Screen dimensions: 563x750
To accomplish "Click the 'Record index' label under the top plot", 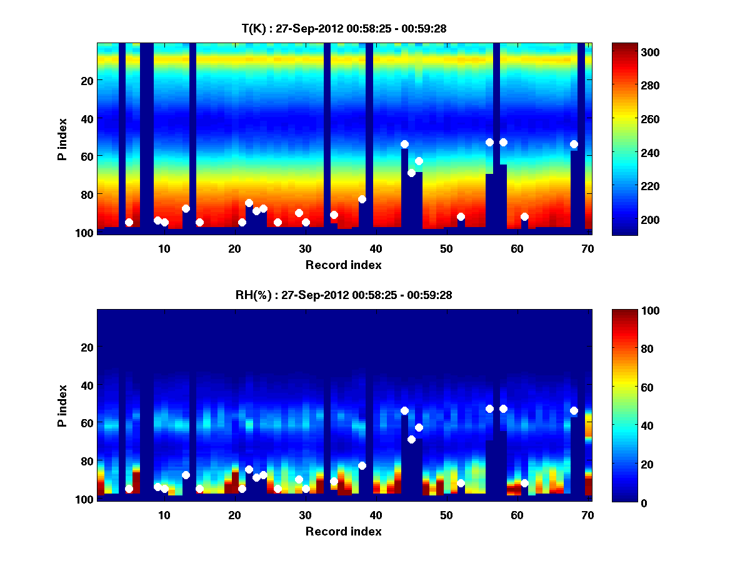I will (x=343, y=265).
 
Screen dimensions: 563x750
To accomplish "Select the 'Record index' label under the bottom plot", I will (x=343, y=531).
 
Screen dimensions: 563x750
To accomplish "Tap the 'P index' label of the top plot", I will (x=62, y=139).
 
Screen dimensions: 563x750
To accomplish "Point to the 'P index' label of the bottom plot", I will (x=62, y=405).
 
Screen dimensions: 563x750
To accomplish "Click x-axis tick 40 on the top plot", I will (x=376, y=248).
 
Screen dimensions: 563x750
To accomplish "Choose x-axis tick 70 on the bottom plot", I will (x=587, y=515).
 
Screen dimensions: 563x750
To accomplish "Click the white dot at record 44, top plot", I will (x=404, y=144).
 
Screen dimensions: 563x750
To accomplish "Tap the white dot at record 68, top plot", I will (x=574, y=144).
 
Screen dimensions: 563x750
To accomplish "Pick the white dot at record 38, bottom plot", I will (x=362, y=465).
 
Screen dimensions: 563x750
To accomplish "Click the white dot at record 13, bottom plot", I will (x=186, y=475).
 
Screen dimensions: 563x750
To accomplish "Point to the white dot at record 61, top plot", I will (x=524, y=216).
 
